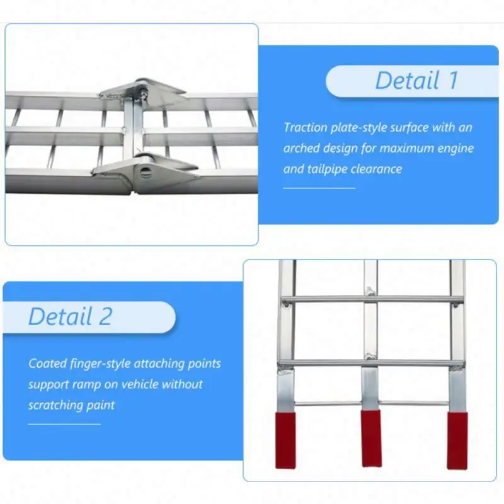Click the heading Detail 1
point(416,81)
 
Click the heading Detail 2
point(70,316)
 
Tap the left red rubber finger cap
point(285,440)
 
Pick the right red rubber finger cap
point(457,440)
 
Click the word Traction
point(306,127)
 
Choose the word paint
point(103,405)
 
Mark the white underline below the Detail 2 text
point(64,424)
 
